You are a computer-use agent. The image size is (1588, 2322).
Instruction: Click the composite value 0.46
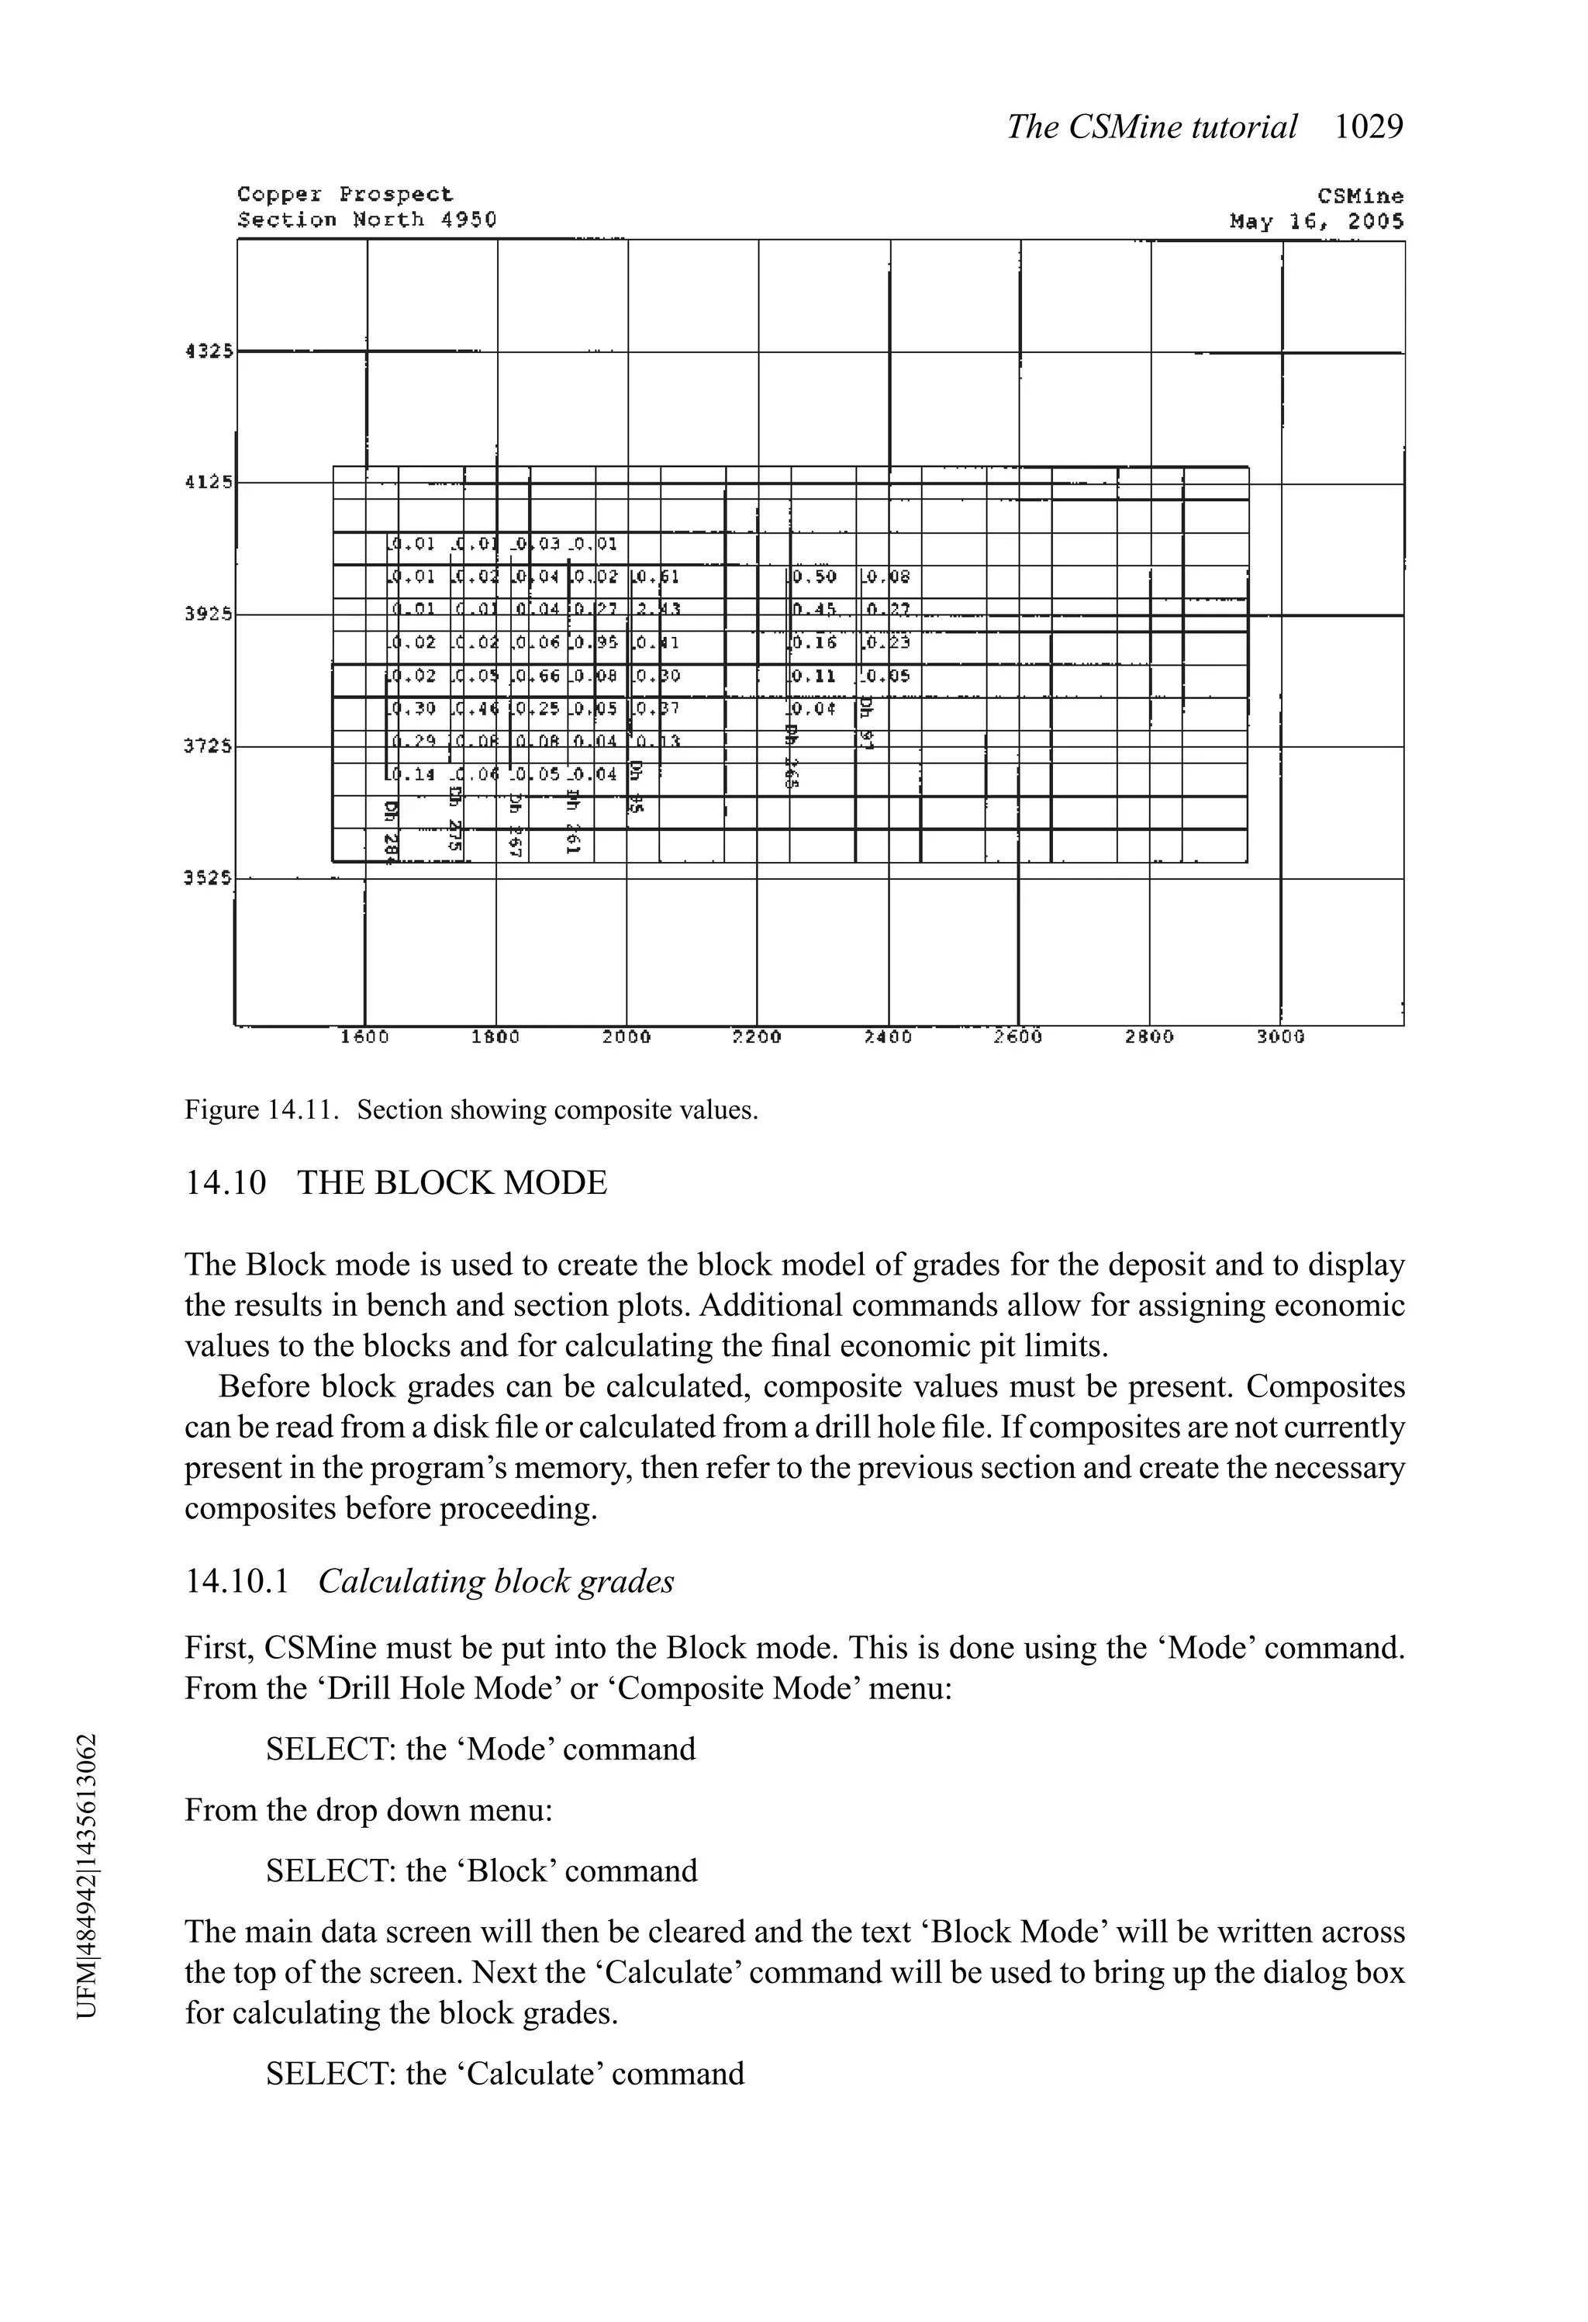coord(475,709)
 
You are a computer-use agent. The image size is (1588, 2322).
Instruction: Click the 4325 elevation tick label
coord(208,351)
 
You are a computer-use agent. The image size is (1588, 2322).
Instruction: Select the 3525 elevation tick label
coord(208,878)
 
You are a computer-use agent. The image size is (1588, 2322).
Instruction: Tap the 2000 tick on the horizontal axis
coord(627,1037)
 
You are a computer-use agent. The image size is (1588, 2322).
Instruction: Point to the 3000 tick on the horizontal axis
coord(1280,1037)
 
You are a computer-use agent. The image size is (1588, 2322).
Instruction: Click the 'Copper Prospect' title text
coord(344,194)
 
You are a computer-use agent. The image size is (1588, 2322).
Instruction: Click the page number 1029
coord(1369,127)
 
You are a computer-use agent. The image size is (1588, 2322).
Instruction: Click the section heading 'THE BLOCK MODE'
coord(451,1183)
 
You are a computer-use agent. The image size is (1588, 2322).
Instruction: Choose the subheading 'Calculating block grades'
coord(495,1582)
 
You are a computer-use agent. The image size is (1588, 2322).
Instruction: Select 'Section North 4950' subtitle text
coord(367,220)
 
